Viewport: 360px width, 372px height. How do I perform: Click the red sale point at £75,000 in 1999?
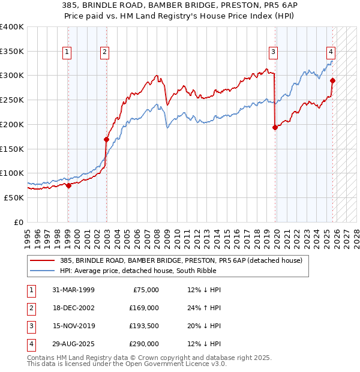click(68, 185)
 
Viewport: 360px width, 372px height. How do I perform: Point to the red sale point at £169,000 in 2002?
click(106, 139)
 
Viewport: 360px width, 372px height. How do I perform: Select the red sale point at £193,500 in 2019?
click(275, 127)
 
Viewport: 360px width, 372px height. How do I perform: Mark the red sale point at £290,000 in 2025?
click(332, 80)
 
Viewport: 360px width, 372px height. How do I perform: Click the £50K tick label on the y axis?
click(13, 197)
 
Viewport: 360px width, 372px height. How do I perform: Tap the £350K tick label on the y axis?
click(11, 52)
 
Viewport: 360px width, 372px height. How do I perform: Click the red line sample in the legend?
click(43, 260)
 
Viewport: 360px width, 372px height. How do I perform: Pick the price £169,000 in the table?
click(144, 308)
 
